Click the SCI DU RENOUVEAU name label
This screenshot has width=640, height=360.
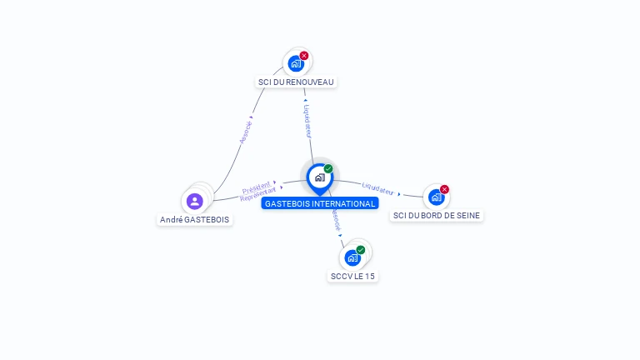click(x=296, y=82)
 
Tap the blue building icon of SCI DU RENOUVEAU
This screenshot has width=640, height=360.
click(x=295, y=63)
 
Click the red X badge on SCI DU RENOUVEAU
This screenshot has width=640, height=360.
click(x=304, y=56)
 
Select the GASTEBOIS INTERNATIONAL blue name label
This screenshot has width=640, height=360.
click(x=320, y=203)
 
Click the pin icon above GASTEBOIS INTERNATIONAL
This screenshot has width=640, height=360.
click(x=319, y=177)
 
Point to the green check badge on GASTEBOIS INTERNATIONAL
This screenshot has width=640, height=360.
click(x=328, y=169)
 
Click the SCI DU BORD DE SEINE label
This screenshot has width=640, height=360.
click(x=437, y=215)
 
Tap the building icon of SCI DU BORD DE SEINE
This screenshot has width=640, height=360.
click(x=436, y=197)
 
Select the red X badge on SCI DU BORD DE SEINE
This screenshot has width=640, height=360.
click(x=444, y=189)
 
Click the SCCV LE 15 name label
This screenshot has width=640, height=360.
click(x=352, y=276)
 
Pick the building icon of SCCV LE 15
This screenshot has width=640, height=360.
click(x=352, y=257)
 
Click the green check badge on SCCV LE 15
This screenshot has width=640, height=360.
click(x=361, y=250)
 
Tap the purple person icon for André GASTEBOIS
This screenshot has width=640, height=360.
click(x=195, y=201)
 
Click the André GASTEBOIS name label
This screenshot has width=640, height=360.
click(x=195, y=220)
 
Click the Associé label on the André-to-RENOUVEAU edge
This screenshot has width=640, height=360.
click(x=245, y=130)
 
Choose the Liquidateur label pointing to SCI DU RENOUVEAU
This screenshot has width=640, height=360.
click(x=307, y=121)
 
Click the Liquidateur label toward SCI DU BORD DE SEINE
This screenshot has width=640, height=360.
click(x=378, y=190)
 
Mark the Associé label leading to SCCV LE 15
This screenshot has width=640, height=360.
click(x=336, y=219)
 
